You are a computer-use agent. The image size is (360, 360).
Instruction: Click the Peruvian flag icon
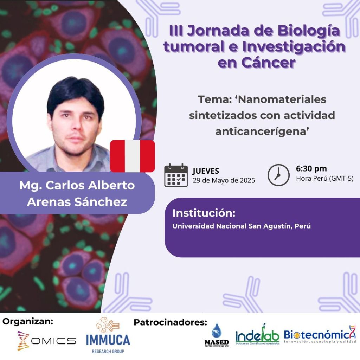[133, 156]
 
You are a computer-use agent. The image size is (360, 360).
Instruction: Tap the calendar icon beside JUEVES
[176, 175]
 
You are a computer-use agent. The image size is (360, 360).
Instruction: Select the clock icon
[278, 175]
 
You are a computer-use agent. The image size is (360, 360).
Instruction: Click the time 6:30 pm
[311, 169]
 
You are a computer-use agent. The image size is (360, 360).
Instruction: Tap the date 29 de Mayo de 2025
[224, 180]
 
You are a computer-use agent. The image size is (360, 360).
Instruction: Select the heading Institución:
[204, 213]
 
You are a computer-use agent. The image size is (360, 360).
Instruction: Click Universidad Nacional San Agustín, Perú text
[242, 226]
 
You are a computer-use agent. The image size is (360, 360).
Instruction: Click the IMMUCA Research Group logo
[108, 335]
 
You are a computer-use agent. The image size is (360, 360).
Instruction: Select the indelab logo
[257, 335]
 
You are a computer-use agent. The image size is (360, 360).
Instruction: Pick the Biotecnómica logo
[320, 335]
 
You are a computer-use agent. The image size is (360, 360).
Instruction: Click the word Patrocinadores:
[171, 322]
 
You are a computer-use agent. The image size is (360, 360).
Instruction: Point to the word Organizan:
[28, 322]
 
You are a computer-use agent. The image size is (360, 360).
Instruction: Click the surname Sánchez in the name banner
[101, 202]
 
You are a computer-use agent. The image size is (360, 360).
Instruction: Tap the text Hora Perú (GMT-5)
[324, 179]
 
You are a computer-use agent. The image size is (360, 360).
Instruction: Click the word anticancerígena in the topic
[262, 131]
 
